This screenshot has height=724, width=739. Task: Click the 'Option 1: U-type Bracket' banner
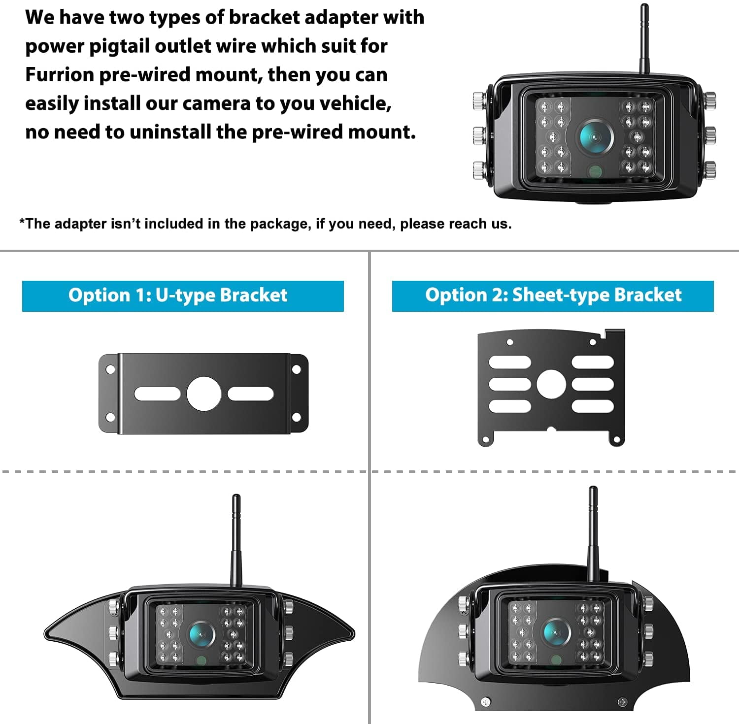click(182, 296)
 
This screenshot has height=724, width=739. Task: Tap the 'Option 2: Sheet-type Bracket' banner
click(552, 296)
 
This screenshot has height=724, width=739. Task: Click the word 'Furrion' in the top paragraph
click(59, 75)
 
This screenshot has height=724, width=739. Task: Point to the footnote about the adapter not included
click(265, 224)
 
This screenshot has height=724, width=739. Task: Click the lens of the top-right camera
click(595, 134)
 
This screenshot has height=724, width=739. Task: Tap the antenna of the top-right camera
click(643, 39)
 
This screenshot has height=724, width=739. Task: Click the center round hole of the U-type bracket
click(203, 394)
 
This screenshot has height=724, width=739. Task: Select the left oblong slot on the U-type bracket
click(157, 394)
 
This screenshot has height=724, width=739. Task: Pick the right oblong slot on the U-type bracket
click(250, 394)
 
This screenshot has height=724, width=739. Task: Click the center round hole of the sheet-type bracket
click(551, 384)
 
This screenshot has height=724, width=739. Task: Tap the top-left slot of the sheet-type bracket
click(509, 362)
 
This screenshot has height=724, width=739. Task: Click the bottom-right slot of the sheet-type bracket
click(593, 406)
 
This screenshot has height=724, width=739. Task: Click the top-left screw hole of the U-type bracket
click(110, 369)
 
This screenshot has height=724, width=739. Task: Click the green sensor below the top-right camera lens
click(595, 171)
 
